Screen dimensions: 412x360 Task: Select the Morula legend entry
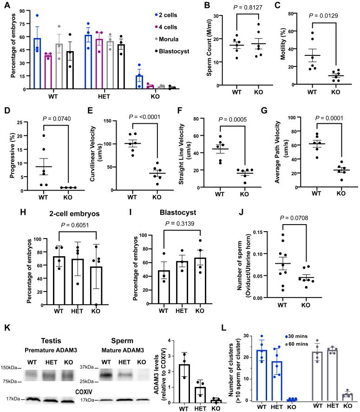(168, 38)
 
